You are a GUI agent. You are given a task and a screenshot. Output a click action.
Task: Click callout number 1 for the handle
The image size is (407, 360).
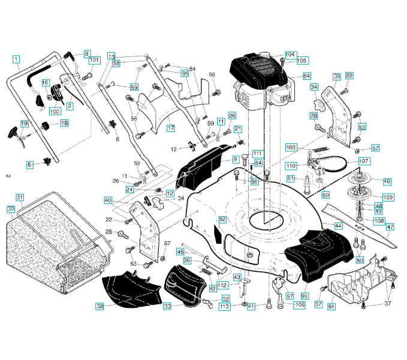tap(16, 59)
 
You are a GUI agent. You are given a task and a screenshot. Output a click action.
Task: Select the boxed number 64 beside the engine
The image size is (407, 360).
tap(306, 76)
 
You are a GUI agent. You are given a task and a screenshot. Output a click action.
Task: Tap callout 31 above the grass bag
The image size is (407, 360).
tap(20, 197)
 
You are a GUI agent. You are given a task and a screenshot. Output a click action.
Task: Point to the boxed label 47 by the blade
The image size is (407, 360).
tap(390, 227)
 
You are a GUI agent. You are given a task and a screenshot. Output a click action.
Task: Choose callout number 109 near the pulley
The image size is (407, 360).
tap(387, 197)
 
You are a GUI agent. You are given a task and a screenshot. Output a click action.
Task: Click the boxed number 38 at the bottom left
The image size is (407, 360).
tap(100, 306)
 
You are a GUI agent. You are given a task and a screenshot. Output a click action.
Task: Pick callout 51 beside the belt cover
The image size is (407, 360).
tap(331, 306)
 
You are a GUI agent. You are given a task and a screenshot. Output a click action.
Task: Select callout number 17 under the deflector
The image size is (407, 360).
tap(170, 128)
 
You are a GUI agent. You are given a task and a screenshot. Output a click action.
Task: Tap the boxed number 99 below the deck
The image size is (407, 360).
tap(304, 297)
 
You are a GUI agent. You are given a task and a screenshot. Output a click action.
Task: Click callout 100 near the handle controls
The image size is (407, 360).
tap(55, 111)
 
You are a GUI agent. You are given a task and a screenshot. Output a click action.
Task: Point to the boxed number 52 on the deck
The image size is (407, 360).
tap(222, 220)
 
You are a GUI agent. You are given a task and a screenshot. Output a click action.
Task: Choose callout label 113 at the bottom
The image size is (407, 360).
tap(225, 307)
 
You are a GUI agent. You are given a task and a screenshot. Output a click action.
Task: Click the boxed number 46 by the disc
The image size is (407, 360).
tap(387, 181)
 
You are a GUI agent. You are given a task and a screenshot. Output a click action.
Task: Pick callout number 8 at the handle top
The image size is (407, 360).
tap(88, 53)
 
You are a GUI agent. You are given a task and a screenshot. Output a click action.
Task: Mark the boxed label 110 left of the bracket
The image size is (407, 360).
tap(291, 165)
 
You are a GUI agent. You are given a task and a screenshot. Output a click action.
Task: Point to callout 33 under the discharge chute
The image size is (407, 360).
tap(167, 306)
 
